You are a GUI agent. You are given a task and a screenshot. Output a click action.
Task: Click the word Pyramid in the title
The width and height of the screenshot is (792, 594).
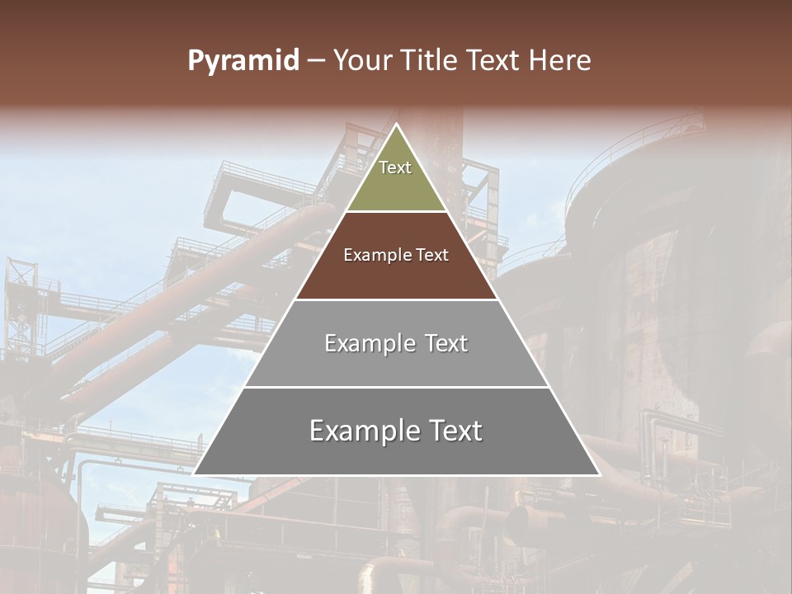point(243,61)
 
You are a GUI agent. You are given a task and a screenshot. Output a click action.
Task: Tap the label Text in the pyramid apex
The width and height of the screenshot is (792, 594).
point(395,167)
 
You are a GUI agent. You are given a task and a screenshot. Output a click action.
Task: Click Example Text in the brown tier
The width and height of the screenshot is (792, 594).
point(396,255)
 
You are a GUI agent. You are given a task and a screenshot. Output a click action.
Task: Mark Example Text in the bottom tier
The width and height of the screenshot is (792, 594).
point(396,431)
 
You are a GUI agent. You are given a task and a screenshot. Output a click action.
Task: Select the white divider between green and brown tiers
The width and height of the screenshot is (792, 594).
point(396,212)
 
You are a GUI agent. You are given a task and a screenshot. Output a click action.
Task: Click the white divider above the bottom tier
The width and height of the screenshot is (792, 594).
point(396,387)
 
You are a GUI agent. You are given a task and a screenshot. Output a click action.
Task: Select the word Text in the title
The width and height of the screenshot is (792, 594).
point(494,61)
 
